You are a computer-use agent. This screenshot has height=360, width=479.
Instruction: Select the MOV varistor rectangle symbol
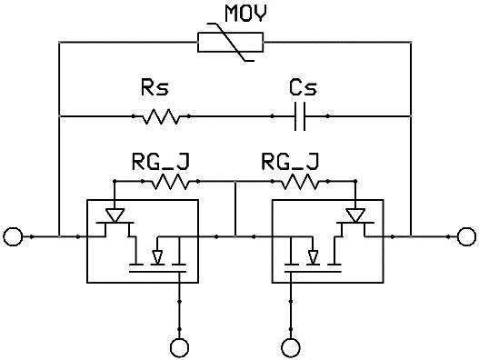pyautogui.click(x=231, y=42)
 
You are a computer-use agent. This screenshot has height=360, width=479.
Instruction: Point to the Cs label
pyautogui.click(x=302, y=89)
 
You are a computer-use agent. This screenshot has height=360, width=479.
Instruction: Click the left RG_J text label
pyautogui.click(x=160, y=163)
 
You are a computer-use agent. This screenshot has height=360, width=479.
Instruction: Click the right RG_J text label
pyautogui.click(x=289, y=163)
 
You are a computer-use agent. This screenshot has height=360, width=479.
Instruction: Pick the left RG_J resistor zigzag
pyautogui.click(x=169, y=183)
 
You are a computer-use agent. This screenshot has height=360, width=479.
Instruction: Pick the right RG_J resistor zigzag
pyautogui.click(x=298, y=183)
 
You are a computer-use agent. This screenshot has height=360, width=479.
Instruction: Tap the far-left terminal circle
pyautogui.click(x=13, y=237)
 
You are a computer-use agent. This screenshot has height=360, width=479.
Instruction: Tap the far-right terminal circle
pyautogui.click(x=466, y=237)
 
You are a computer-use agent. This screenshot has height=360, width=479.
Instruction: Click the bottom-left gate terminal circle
pyautogui.click(x=180, y=345)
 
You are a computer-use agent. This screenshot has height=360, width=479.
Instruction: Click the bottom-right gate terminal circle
pyautogui.click(x=291, y=345)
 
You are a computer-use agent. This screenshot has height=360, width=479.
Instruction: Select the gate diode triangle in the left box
pyautogui.click(x=115, y=215)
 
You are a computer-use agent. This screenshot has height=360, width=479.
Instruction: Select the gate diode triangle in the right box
pyautogui.click(x=355, y=215)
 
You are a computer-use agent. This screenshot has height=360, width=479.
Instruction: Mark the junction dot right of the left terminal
pyautogui.click(x=33, y=237)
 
